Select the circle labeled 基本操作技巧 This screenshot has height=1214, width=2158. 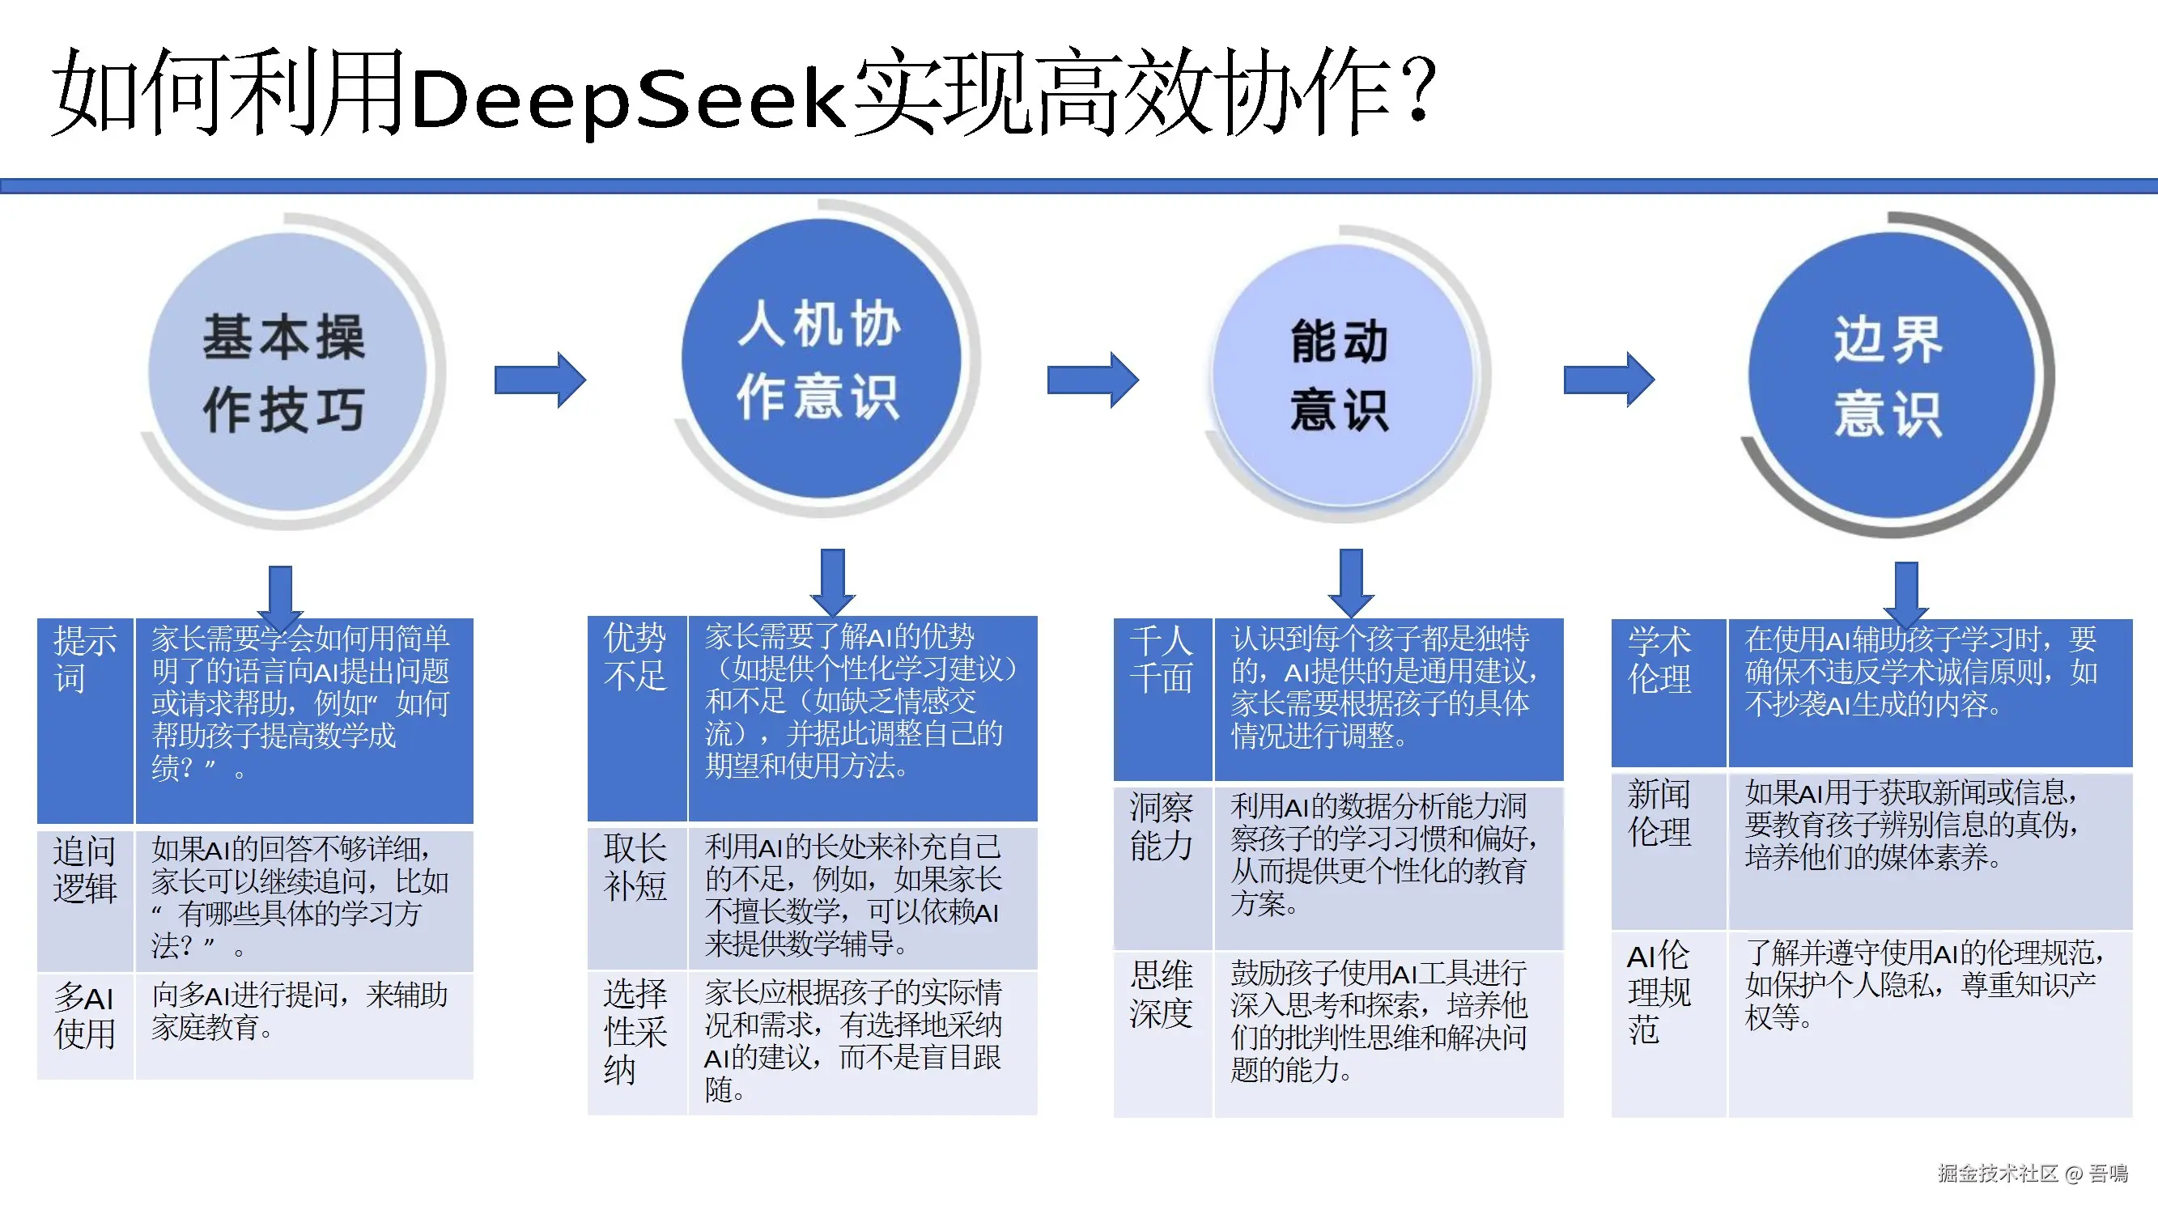click(287, 373)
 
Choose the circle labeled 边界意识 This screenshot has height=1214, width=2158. click(1890, 376)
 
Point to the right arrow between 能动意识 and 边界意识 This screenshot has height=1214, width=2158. click(1608, 380)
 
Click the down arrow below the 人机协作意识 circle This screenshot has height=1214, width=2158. click(833, 582)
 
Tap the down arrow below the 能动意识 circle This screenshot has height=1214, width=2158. click(1350, 582)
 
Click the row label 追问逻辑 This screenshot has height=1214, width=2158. click(85, 870)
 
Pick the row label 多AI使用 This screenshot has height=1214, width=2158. click(85, 1016)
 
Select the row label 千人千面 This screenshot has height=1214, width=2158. click(1161, 660)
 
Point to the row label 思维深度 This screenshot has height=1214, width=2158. click(1161, 994)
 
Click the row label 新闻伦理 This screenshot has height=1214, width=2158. click(1659, 813)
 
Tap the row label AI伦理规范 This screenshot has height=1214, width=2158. click(1659, 994)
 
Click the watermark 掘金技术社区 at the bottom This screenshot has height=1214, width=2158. click(1997, 1173)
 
